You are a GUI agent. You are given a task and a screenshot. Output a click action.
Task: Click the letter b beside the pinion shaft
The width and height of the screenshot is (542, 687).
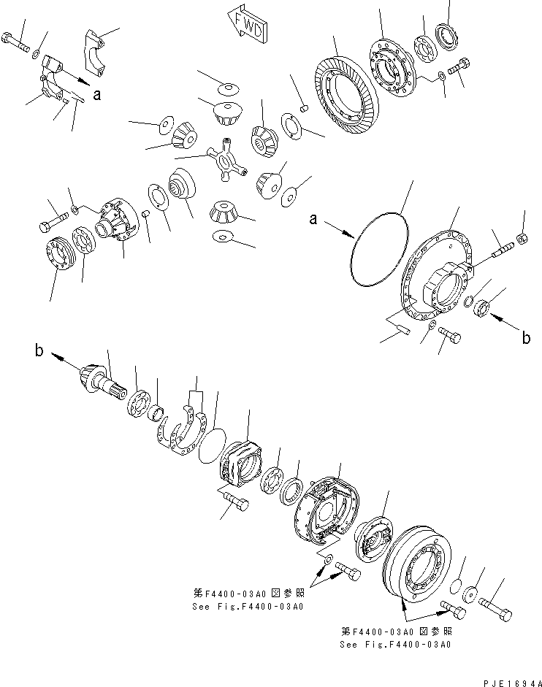[x=38, y=351]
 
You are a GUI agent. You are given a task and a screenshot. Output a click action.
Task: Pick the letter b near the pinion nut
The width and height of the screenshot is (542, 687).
[x=525, y=337]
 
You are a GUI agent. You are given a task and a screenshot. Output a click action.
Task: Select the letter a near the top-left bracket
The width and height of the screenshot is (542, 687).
[x=97, y=94]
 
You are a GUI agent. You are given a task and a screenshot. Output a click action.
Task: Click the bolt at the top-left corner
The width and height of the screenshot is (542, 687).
[x=16, y=42]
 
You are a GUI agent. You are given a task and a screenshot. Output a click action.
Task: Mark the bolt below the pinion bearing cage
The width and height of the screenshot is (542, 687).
[x=235, y=503]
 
